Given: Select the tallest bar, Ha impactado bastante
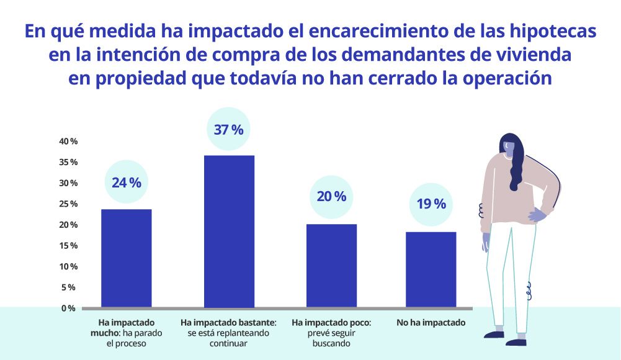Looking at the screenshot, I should (230, 231).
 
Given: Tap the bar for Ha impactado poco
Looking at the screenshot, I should (332, 265).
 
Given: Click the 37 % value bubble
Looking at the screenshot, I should (229, 130).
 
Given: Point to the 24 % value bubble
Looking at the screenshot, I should (127, 182).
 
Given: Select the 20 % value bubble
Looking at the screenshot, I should (331, 197).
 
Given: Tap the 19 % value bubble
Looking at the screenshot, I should (431, 204).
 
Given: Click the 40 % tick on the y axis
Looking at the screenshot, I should (68, 142).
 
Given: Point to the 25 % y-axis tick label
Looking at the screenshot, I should (68, 204).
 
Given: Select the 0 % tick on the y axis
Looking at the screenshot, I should (68, 308).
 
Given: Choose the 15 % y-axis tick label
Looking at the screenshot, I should (68, 246).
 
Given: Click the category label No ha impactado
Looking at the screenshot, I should (431, 323).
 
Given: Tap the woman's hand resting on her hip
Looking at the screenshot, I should (535, 215).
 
